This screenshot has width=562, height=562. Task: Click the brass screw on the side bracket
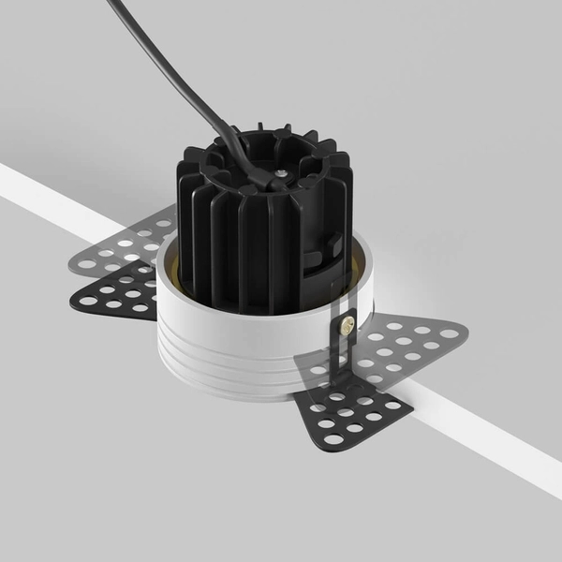[347, 324]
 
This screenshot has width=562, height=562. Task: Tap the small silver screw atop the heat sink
[279, 174]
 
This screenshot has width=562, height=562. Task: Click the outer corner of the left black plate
[73, 300]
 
